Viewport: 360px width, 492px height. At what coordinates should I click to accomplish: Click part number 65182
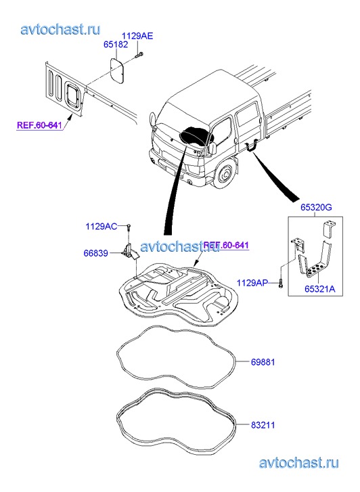coord(116,44)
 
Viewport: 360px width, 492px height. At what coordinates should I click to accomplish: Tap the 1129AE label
coord(137,36)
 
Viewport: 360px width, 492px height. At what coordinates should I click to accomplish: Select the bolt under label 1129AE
coord(139,55)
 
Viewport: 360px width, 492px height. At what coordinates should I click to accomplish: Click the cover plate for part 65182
coord(118,70)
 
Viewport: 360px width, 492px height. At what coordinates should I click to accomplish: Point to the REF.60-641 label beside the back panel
coord(39,125)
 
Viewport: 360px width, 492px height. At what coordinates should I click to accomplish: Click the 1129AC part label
coord(102,226)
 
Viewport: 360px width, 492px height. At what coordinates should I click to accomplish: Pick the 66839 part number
coord(95,253)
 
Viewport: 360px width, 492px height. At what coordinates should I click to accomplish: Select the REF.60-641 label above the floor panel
coord(226,245)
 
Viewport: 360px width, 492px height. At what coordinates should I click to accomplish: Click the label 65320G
coord(316,207)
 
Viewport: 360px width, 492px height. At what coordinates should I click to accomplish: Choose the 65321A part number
coord(320,289)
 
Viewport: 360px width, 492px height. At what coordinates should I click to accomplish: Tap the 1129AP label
coord(252,283)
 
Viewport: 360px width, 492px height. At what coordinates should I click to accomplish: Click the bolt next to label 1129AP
coord(281,284)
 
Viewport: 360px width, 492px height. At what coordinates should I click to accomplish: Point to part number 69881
coord(263,362)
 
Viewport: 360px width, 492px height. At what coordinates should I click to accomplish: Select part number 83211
coord(263,425)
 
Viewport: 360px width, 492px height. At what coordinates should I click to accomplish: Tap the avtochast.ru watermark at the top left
coord(60,29)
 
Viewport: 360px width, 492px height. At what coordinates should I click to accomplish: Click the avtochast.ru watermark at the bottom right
coord(299,463)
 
